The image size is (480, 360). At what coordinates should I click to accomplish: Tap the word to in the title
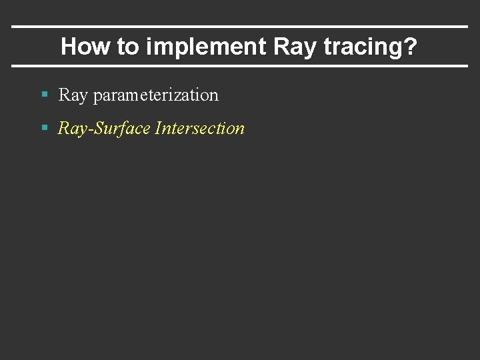128,47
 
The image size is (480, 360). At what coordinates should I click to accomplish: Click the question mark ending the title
411,47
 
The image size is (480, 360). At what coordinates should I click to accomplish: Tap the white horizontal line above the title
240,27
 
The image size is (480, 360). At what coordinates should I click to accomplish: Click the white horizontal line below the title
240,66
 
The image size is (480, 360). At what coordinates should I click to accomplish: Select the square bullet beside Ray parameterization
45,95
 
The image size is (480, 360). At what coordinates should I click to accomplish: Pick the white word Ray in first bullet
73,95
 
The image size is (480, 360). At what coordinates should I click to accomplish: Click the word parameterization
156,96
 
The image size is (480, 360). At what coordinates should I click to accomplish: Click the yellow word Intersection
199,128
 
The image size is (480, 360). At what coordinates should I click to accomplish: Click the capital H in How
68,47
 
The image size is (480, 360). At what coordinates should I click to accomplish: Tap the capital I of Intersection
157,128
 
